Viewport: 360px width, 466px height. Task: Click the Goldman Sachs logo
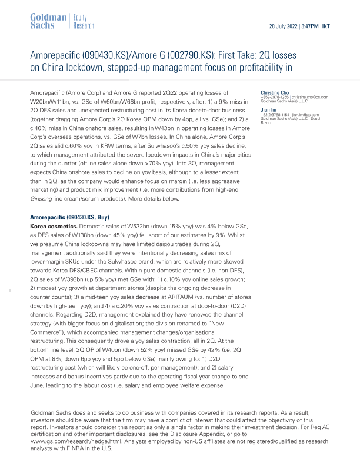point(48,21)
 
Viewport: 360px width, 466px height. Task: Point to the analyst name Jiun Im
point(269,109)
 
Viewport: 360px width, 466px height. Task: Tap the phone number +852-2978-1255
point(274,97)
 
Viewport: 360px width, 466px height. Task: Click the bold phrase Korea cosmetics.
point(55,227)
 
